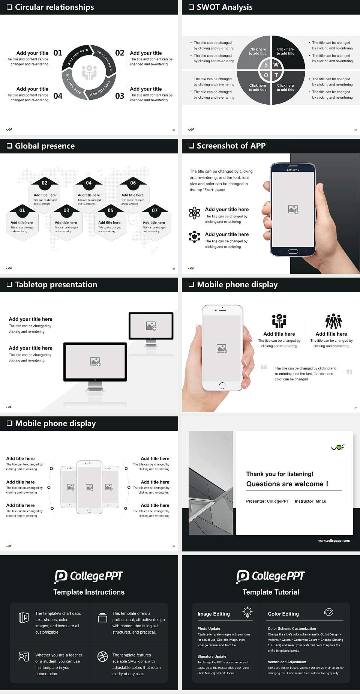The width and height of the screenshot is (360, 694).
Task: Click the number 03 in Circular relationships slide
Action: coord(120,96)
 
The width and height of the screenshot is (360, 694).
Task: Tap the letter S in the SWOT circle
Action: coord(266,65)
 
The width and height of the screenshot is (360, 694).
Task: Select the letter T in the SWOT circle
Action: coord(276,75)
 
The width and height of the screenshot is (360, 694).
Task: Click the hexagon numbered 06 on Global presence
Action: coord(133,183)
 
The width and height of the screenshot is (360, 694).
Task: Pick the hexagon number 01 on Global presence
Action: coord(22,210)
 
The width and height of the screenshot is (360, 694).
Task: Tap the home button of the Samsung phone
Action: coord(293,251)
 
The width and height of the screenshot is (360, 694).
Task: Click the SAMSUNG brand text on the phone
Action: coord(293,170)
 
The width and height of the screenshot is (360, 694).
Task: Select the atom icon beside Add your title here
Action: coord(194,213)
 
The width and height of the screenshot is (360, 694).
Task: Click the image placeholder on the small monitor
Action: coord(151,326)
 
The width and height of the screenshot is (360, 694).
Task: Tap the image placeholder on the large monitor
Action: coord(95,361)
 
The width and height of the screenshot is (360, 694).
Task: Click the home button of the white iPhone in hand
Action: coord(222,385)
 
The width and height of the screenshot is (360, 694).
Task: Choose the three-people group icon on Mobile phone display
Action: coord(333,321)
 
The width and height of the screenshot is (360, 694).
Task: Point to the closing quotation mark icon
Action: coord(349,372)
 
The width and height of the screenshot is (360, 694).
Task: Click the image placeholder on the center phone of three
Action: coord(89,487)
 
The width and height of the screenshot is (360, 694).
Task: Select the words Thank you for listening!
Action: coord(280,474)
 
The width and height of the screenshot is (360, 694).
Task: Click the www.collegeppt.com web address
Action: coord(334,541)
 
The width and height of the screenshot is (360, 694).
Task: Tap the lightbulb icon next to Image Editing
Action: coord(247,612)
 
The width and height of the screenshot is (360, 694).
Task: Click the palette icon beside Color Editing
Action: coord(328,612)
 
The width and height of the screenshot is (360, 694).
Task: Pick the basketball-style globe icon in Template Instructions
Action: coord(102,656)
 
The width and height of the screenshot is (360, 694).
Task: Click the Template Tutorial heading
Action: coord(271,592)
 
